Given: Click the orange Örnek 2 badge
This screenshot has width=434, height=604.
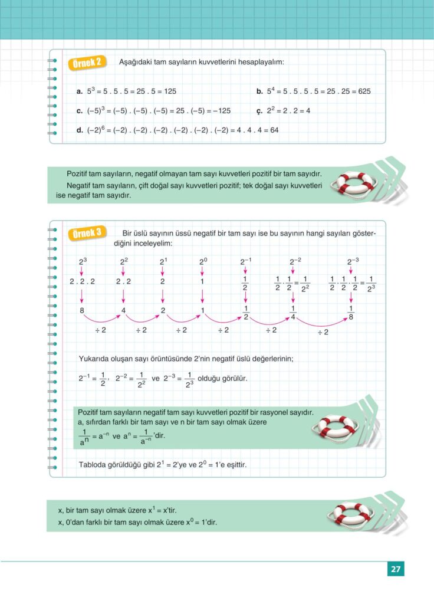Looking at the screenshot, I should [x=88, y=63].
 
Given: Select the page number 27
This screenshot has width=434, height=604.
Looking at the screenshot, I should [x=396, y=569].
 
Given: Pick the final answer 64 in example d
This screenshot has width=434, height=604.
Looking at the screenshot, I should [x=274, y=130].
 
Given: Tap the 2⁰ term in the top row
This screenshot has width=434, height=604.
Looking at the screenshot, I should [x=202, y=261].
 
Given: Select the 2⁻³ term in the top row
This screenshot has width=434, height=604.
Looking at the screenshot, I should [x=353, y=261].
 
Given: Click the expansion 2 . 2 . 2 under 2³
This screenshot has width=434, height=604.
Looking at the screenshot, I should [x=82, y=281].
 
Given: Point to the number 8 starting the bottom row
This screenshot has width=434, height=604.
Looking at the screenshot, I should [x=82, y=310].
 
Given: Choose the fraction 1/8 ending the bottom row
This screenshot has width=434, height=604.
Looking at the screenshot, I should [x=351, y=312].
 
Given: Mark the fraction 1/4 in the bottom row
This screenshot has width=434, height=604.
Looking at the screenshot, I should [x=293, y=312].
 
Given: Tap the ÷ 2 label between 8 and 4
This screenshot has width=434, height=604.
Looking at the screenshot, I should [x=100, y=330].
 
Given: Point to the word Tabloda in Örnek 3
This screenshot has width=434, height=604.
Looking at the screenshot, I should [x=93, y=465].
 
